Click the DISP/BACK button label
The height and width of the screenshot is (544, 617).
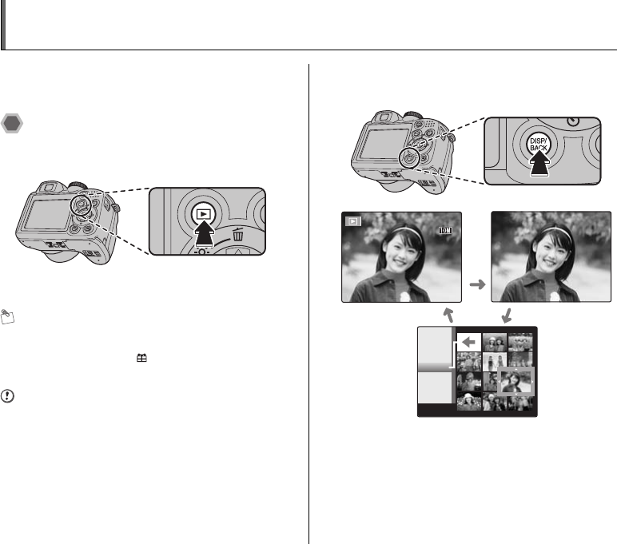(x=539, y=145)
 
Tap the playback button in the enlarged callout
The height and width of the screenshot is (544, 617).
(x=204, y=214)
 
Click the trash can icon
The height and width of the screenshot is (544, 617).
(x=237, y=234)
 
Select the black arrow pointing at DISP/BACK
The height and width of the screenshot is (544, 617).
(x=539, y=164)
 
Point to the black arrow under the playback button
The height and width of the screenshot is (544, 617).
(x=205, y=233)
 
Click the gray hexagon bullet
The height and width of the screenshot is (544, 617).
(x=12, y=124)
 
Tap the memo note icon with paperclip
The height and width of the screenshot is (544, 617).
(x=7, y=316)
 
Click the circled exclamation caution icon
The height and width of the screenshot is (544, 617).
(x=7, y=395)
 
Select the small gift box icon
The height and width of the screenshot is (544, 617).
(x=141, y=358)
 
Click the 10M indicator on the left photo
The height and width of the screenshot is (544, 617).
(x=445, y=231)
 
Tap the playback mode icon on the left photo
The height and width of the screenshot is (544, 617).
(x=353, y=221)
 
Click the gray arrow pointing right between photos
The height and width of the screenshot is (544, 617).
(x=477, y=284)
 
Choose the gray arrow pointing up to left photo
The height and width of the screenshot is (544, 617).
(x=448, y=315)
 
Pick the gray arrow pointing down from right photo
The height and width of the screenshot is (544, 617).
(x=508, y=316)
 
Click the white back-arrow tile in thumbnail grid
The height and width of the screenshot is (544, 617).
(x=469, y=342)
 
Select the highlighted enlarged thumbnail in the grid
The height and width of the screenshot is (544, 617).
(x=515, y=382)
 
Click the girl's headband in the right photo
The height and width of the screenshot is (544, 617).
(x=555, y=231)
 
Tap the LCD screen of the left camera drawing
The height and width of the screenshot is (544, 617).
(x=46, y=214)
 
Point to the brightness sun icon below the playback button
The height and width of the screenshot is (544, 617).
(x=201, y=252)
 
